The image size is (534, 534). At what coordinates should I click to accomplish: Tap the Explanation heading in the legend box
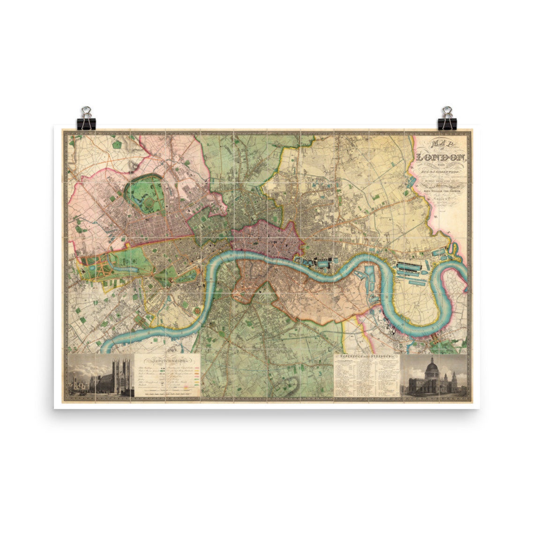click(167, 361)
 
